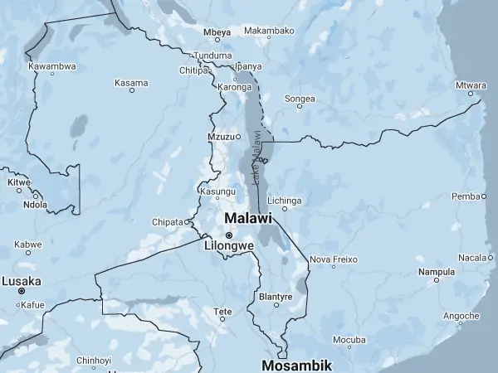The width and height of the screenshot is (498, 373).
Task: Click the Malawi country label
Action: pos(247,218)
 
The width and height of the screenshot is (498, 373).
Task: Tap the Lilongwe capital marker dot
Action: pos(229,235)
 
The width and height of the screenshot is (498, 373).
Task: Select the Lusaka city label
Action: pos(22,282)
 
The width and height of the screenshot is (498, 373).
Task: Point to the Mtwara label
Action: pos(471,85)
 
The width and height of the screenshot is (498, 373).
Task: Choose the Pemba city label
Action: pos(465,196)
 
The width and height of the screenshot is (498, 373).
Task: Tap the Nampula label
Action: pos(437,271)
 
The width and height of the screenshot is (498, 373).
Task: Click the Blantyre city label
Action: pos(276,296)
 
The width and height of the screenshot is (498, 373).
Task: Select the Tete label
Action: pos(223,312)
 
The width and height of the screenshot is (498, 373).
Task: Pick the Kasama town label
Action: pos(131,83)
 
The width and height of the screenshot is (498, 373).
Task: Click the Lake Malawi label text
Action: pos(256,157)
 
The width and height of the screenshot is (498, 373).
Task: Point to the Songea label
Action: pos(300,99)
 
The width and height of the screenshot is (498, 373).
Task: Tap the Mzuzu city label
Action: pos(220,136)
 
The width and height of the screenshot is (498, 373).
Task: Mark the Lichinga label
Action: pos(285,200)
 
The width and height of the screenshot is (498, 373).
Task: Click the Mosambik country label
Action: pos(296,365)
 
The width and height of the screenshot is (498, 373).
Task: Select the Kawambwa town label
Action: pos(52,65)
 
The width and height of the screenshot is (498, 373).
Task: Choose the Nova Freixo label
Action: pos(333,259)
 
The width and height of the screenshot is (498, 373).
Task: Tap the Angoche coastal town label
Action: pos(461,316)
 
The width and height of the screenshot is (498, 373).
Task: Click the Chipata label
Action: pos(168,222)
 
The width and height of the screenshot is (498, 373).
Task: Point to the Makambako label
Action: pos(269,31)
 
